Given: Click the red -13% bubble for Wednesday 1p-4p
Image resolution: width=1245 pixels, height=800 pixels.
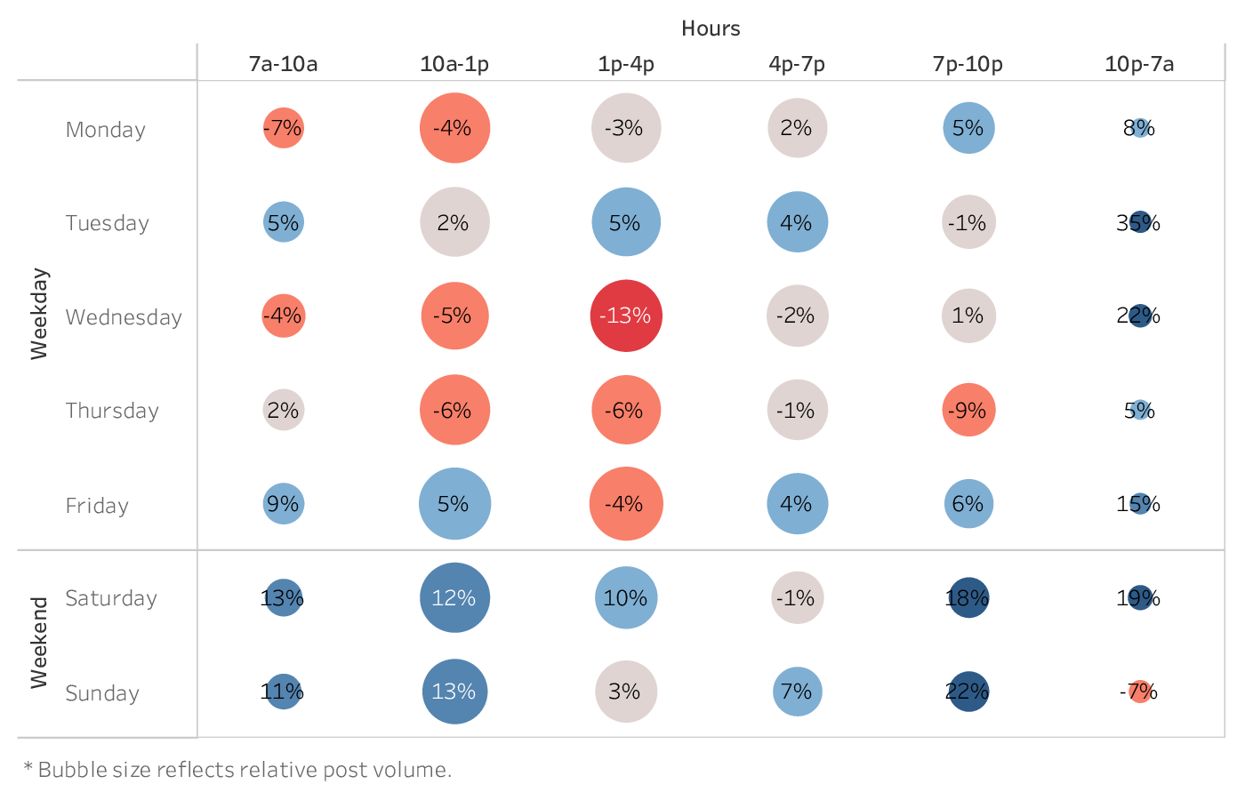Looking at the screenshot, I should tap(626, 316).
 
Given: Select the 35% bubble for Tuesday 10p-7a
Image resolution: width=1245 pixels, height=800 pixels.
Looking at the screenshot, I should tap(1139, 222).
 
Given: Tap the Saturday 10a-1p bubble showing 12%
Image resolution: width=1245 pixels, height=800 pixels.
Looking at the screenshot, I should tap(454, 598).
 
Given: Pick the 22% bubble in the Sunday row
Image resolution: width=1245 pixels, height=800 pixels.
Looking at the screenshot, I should tap(968, 692).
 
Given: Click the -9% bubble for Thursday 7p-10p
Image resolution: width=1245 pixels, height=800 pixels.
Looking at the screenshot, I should tap(968, 410).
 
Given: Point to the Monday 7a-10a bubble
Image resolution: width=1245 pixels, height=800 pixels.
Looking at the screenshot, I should tap(283, 128).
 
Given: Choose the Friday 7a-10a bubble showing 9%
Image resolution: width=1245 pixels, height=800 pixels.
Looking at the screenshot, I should tap(283, 504).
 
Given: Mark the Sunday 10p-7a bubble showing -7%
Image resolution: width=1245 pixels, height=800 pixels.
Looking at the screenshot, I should tap(1140, 692).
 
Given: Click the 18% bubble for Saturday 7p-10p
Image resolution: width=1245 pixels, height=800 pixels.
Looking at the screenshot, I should tap(968, 598).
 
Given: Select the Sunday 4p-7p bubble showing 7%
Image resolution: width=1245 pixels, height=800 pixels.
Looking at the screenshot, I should tap(797, 692).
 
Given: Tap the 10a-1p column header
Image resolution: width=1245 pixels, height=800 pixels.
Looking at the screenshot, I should tap(454, 64).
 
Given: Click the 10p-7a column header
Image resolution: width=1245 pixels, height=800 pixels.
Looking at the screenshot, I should tap(1139, 64).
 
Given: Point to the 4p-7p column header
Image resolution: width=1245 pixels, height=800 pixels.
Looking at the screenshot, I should tap(797, 64).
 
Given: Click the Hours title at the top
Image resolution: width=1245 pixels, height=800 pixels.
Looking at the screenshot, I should tap(711, 28).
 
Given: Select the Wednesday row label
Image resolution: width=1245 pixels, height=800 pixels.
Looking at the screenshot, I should tap(124, 317).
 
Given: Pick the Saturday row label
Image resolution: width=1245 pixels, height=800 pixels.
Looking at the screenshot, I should tap(111, 598).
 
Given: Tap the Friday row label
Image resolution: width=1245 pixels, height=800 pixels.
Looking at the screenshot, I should tap(97, 506).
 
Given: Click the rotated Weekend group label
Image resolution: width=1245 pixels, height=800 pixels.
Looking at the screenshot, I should tap(39, 643).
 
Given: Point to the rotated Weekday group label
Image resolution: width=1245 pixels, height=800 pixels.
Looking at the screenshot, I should tap(39, 314).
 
